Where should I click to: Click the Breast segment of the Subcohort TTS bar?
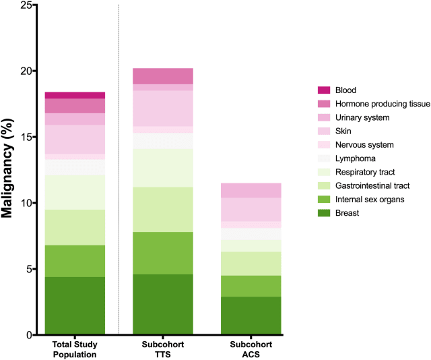[163, 304]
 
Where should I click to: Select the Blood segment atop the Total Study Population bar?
[75, 95]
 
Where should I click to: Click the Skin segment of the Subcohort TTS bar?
[163, 109]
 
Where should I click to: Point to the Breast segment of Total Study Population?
[75, 305]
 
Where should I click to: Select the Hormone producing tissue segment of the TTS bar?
[163, 76]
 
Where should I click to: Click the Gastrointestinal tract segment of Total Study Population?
[75, 227]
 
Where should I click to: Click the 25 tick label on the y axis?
[26, 5]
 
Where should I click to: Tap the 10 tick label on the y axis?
[26, 204]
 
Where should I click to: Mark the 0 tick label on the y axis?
[30, 335]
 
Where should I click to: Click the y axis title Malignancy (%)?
[9, 169]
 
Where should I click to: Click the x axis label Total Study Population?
[75, 349]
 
